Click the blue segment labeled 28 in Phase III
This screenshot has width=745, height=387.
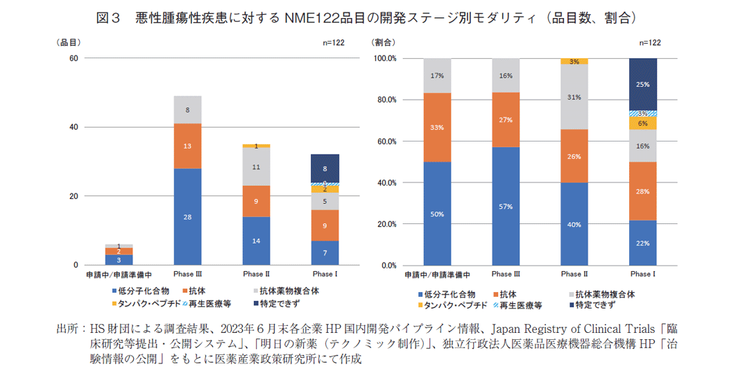pos(187,216)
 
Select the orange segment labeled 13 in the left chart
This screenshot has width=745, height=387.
pos(187,146)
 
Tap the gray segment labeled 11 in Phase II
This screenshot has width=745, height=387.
pos(256,166)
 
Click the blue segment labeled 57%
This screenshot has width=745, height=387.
pos(506,206)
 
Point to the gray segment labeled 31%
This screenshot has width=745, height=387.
pos(574,97)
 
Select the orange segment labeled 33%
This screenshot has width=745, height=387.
pos(437,127)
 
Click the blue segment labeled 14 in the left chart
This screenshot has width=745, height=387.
pos(256,241)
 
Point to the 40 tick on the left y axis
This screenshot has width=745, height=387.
pos(72,127)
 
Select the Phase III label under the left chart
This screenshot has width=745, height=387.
pos(187,274)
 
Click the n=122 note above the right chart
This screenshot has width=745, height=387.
pos(649,42)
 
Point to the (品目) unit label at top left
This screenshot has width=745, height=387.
pos(69,42)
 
